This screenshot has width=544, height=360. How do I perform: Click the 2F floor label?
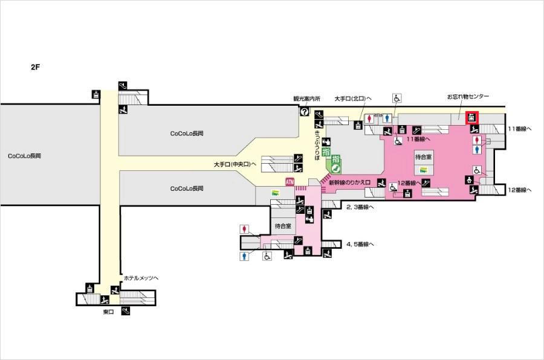tap(35, 67)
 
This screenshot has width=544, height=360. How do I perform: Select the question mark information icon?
tap(304, 112)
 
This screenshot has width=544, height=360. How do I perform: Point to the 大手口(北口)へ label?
tap(353, 98)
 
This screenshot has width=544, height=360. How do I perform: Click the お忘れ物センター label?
tap(468, 97)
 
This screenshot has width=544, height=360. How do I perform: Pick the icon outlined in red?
tap(471, 118)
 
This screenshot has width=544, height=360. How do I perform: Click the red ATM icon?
tap(290, 182)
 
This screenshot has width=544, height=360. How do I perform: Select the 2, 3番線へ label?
tap(360, 207)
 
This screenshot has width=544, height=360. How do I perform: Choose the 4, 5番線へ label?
tap(360, 245)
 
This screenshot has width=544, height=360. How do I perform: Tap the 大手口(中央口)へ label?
tap(235, 164)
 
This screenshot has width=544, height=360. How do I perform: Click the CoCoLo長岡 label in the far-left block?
tap(24, 156)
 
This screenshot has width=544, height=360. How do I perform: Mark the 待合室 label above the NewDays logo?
tap(423, 156)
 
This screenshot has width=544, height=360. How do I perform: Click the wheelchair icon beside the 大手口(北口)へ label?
tap(398, 98)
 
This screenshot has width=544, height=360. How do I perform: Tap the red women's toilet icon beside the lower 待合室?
tap(244, 230)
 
